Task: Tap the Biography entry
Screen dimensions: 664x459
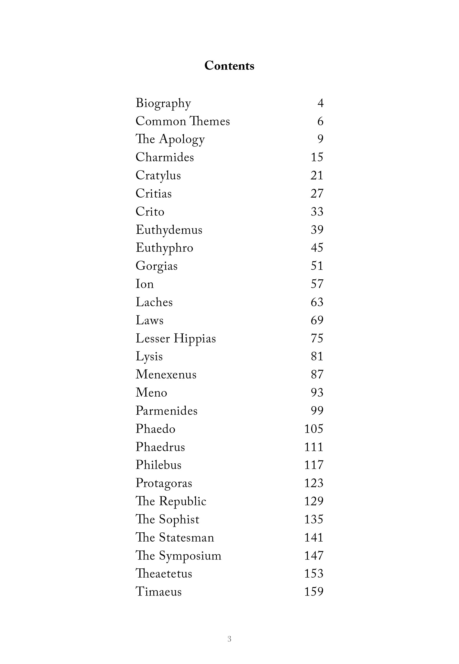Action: point(163,103)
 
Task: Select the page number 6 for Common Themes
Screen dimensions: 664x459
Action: point(320,121)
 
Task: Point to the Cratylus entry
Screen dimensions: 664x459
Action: point(158,175)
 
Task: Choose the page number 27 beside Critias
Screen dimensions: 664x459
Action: point(317,193)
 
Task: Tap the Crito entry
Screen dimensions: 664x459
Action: point(150,212)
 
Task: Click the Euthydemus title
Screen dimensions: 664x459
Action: point(169,230)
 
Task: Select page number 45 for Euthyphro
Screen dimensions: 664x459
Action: point(317,247)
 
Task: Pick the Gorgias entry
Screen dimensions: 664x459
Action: point(156,266)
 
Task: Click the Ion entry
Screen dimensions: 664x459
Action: point(145,284)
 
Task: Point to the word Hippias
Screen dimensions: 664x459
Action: point(194,338)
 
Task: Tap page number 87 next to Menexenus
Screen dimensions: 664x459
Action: point(317,374)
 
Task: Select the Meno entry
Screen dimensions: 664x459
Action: point(151,393)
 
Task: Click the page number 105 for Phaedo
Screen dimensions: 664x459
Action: point(314,429)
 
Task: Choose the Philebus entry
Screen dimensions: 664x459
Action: point(159,465)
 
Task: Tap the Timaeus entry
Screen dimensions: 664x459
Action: point(159,592)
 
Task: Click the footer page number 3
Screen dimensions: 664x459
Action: point(229,639)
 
